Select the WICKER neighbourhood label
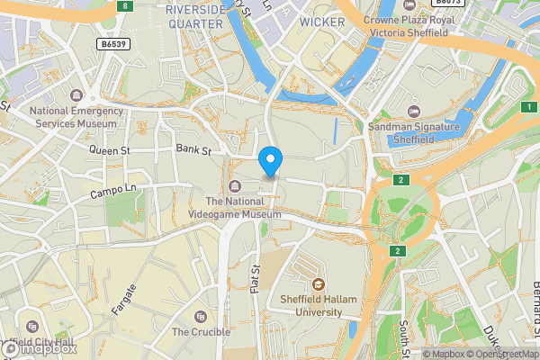321,21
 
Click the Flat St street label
255,278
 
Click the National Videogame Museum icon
235,186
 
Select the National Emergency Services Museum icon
76,95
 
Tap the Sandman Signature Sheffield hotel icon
414,111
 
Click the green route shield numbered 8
124,6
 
